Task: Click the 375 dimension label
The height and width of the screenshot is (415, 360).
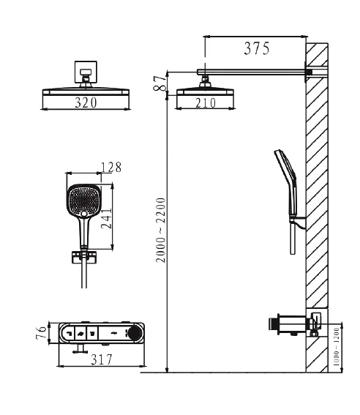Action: [257, 48]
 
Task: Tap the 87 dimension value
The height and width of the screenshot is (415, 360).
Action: [160, 83]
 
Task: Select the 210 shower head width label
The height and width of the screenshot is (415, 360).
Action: [206, 103]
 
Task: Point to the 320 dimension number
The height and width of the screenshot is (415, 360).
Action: [86, 102]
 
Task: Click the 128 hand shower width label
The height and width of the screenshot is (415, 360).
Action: [111, 168]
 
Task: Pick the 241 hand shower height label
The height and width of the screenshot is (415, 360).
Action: [107, 219]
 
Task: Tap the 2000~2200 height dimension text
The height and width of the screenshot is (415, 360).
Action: [160, 230]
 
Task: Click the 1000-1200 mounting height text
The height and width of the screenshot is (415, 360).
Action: [336, 347]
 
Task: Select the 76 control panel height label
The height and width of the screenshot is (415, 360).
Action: [41, 333]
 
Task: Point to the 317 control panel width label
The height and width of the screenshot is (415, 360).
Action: [102, 359]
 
